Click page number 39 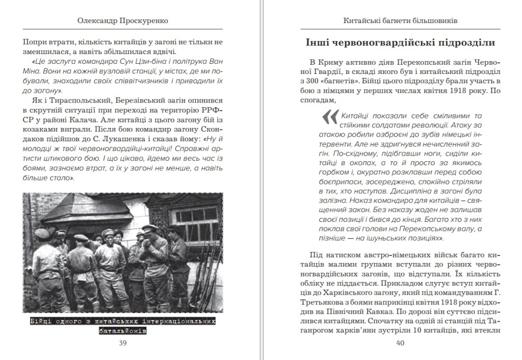(x=122, y=343)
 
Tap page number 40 (x=400, y=343)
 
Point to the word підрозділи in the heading (x=464, y=42)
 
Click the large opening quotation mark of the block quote (x=330, y=118)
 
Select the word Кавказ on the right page (x=402, y=315)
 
